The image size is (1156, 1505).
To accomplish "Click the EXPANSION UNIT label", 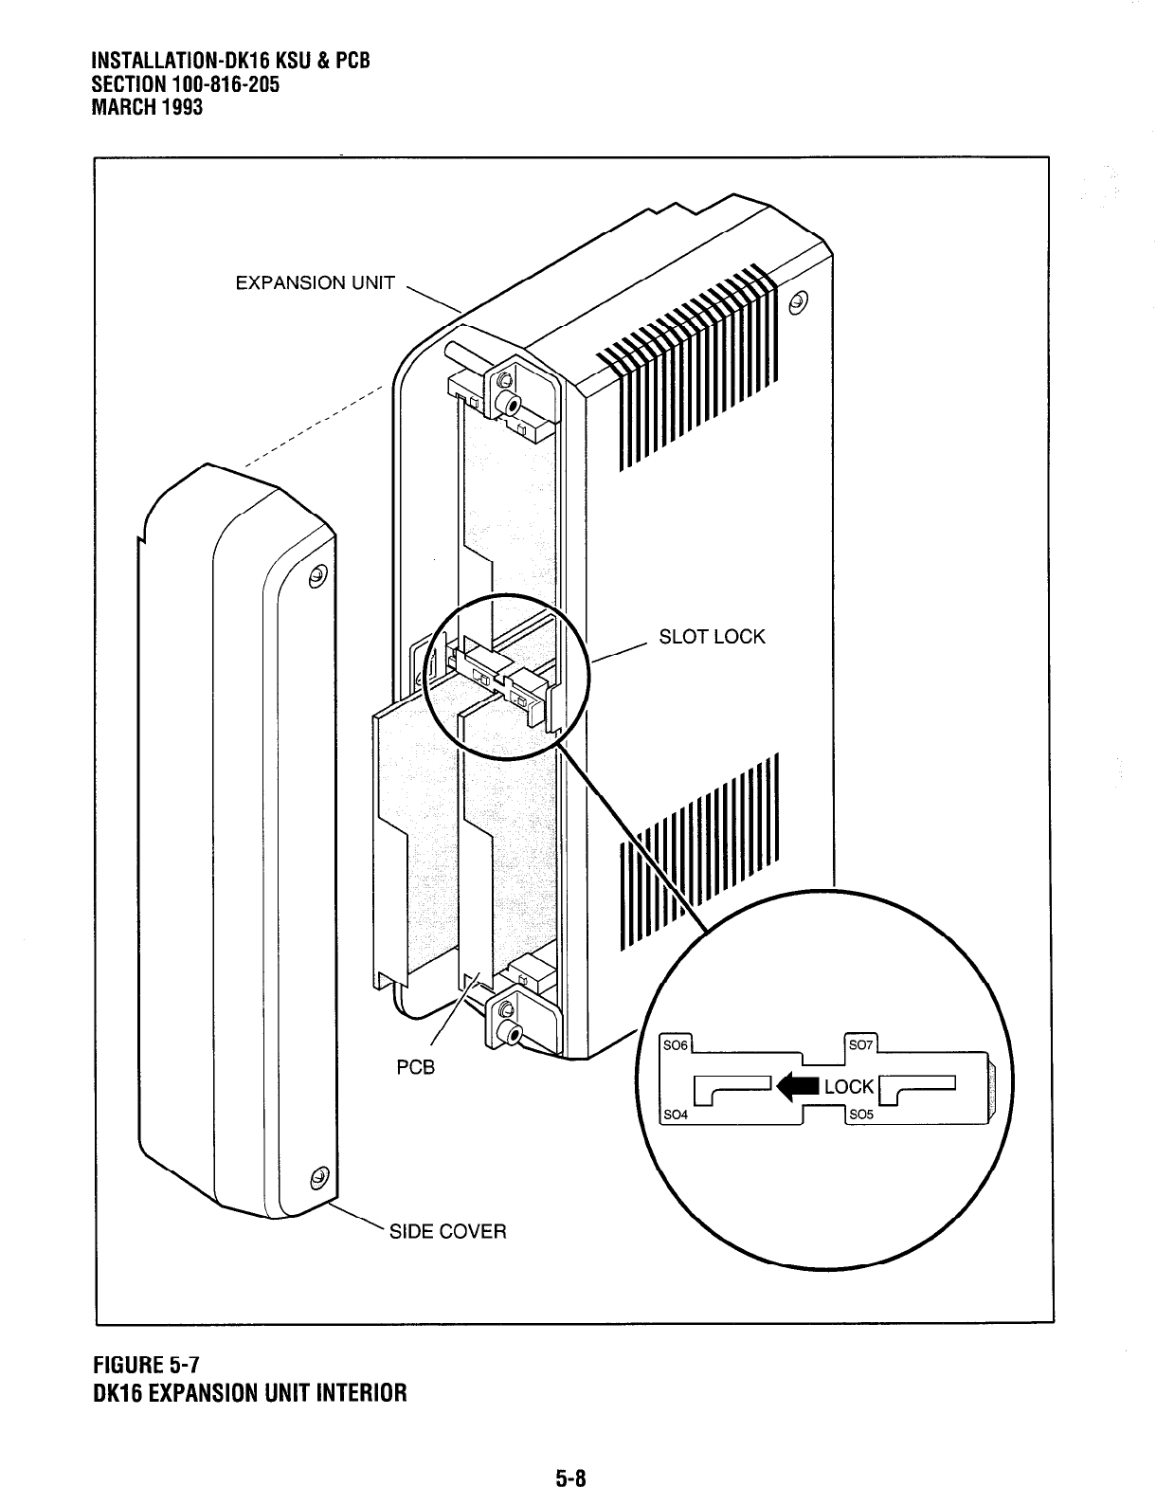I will tap(315, 283).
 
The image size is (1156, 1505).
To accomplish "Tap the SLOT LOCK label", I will tap(712, 637).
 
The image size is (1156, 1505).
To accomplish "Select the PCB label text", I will tap(415, 1067).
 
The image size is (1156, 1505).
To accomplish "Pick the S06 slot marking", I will tap(676, 1046).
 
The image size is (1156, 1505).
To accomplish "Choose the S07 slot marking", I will tap(860, 1045).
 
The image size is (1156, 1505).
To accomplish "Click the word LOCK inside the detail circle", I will tap(848, 1087).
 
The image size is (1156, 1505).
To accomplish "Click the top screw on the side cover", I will tap(318, 574).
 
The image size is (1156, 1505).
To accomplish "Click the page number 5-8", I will tap(572, 1477).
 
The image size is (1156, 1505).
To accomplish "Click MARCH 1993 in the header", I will tap(146, 106).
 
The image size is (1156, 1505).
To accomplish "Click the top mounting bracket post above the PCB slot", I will tap(512, 404).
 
